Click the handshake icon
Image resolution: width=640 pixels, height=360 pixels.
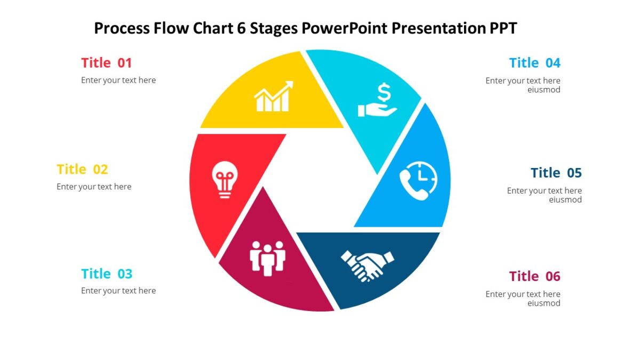tap(367, 265)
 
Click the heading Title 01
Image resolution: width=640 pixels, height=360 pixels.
tap(106, 63)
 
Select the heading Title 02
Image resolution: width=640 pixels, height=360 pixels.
tap(82, 170)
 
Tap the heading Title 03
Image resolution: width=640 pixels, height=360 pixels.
tap(106, 274)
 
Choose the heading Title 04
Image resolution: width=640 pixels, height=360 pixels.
tap(534, 63)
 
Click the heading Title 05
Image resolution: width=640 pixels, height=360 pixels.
tap(556, 173)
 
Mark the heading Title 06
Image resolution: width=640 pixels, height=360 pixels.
tap(534, 276)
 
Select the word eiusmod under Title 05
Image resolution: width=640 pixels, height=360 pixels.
tap(565, 200)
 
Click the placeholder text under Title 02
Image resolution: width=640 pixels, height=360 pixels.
tap(94, 187)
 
